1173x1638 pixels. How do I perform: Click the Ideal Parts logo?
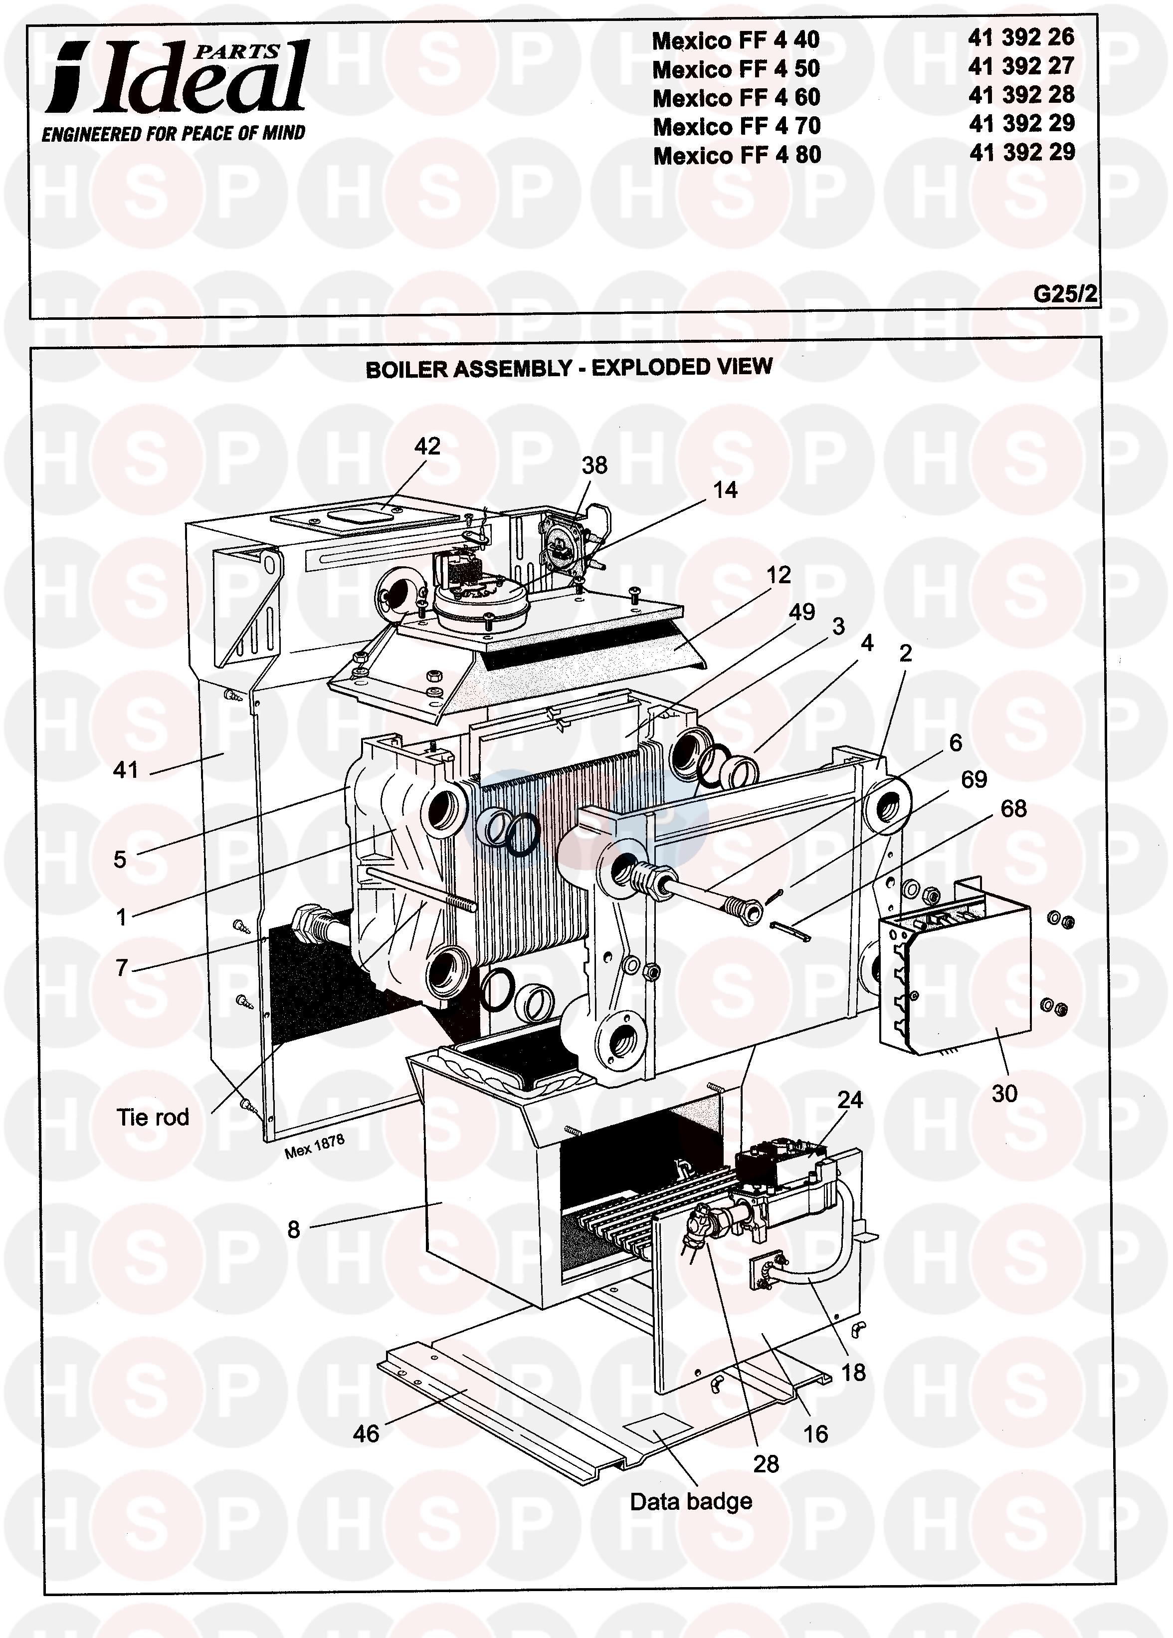[177, 77]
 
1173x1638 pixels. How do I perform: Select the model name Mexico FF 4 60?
[736, 97]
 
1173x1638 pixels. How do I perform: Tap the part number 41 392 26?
[1021, 37]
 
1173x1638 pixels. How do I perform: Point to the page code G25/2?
[1065, 294]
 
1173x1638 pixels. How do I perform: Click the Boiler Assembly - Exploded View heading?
[569, 368]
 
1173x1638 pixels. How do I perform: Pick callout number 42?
[426, 447]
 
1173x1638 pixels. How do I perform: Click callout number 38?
[594, 466]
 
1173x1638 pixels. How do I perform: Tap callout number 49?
[801, 613]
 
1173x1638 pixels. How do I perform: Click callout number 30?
[1004, 1094]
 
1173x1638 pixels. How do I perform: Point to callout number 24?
[850, 1100]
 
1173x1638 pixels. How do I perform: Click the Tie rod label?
[153, 1117]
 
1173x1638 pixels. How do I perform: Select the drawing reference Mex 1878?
[315, 1146]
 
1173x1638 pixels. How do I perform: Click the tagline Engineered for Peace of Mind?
[173, 134]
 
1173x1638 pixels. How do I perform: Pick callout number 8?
[293, 1230]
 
